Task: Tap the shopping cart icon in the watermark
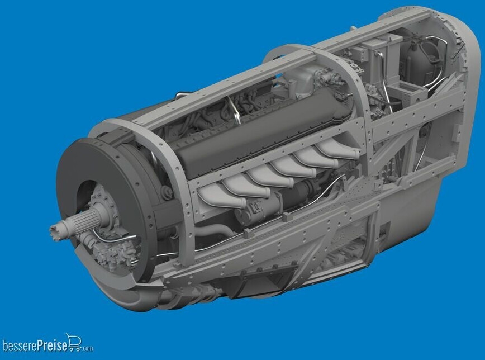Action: (73, 341)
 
